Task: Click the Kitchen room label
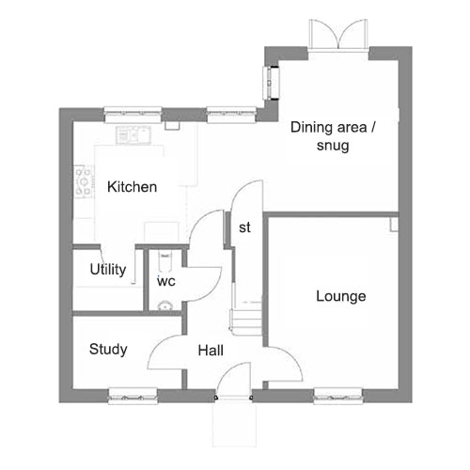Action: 132,187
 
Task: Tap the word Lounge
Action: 341,296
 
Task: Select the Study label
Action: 108,350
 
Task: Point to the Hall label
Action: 211,351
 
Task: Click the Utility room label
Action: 108,270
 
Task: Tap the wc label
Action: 166,281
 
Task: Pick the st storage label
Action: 244,227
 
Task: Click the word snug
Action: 333,146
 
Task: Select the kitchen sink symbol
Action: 133,135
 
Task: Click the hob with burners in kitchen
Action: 84,181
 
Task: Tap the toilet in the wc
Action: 165,260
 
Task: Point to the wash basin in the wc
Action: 164,305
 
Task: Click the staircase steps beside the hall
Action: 246,321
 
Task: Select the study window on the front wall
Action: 133,396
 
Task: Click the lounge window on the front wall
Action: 338,396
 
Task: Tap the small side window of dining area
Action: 271,83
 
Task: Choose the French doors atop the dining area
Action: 338,34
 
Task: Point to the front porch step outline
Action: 234,425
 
